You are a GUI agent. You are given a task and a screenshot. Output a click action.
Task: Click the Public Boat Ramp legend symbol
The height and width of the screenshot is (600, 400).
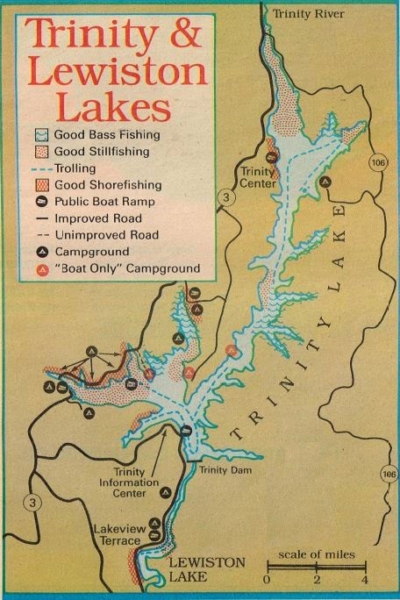[x=38, y=201]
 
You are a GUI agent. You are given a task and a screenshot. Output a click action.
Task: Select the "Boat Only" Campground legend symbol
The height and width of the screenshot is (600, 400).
[x=38, y=268]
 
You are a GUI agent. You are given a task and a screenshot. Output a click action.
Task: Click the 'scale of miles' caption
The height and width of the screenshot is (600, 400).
[x=317, y=555]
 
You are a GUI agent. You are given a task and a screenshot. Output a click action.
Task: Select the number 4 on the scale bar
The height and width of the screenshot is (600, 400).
[x=363, y=581]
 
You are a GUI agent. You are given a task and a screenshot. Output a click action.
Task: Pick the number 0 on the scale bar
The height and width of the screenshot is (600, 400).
[x=267, y=581]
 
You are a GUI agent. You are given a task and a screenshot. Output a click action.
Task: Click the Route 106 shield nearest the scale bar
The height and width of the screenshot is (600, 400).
[x=389, y=475]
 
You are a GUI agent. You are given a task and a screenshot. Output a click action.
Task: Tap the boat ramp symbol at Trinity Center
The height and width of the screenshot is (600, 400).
[x=272, y=156]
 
